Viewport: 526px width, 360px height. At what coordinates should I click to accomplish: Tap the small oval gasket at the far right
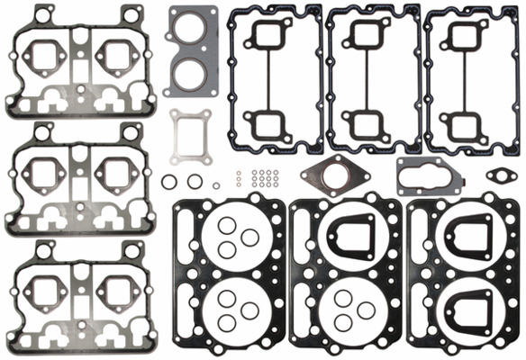498,174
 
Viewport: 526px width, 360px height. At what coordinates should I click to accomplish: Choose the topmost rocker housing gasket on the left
72,62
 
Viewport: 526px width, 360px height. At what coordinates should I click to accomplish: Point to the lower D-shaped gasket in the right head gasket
466,310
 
